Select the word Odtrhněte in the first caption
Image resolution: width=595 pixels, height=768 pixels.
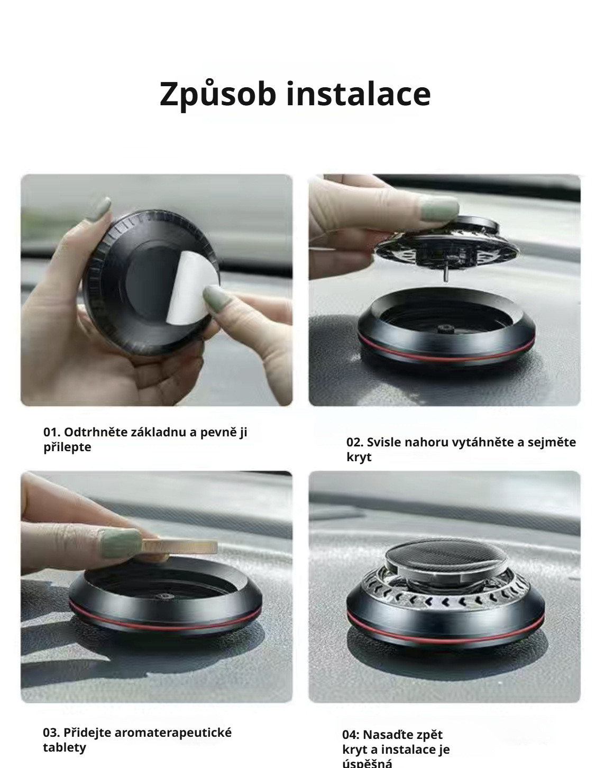pyautogui.click(x=95, y=432)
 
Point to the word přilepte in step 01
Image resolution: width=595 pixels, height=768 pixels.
pyautogui.click(x=67, y=447)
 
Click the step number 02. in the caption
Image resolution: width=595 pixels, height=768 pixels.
pyautogui.click(x=355, y=442)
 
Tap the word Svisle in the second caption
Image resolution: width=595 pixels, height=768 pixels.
pyautogui.click(x=385, y=442)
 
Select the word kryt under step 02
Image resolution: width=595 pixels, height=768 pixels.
pyautogui.click(x=359, y=457)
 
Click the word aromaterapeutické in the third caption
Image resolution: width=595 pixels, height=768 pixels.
pyautogui.click(x=173, y=733)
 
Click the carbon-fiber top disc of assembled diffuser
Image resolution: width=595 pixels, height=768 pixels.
pyautogui.click(x=433, y=559)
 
